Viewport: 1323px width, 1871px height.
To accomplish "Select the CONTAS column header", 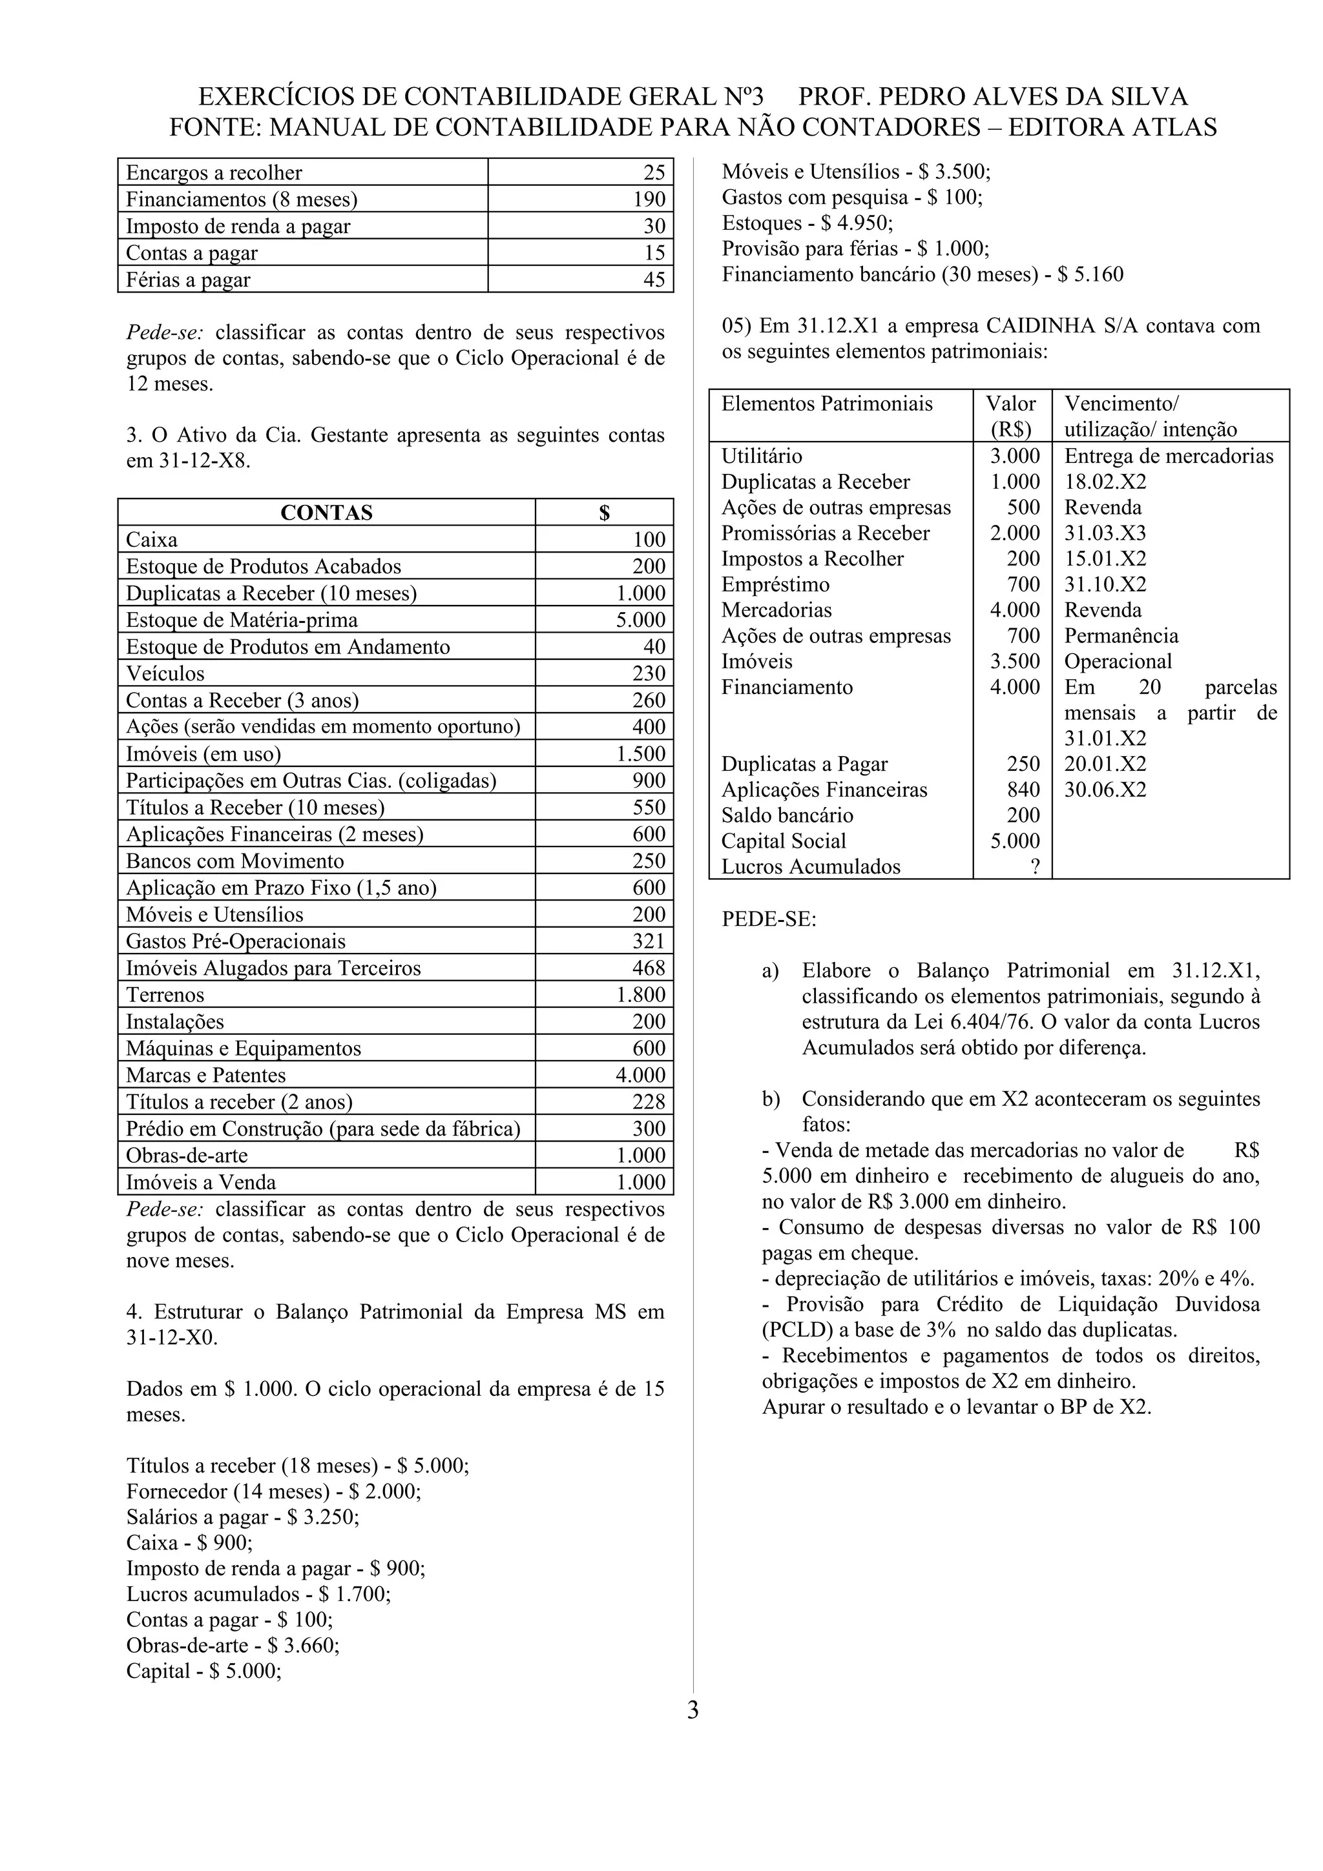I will point(326,513).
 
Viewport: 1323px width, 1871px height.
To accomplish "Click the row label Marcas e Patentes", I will point(205,1075).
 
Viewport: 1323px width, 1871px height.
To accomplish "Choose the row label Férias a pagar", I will point(187,280).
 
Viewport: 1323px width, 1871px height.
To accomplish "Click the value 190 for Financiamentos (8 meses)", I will point(650,199).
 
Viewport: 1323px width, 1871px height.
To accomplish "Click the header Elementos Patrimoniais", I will point(827,404).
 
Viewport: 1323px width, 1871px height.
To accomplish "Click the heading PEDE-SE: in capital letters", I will point(769,919).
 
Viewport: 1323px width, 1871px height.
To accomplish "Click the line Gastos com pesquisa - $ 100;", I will point(852,197).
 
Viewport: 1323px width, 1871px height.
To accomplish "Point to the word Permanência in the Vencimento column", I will point(1121,636).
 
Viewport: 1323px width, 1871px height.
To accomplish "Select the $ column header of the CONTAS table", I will point(604,513).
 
